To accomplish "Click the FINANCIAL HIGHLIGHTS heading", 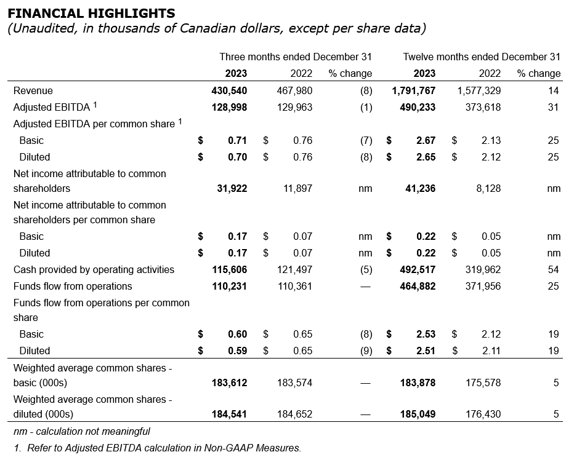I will point(91,13).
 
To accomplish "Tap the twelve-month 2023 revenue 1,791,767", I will point(413,90).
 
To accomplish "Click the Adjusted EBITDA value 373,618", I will point(480,107).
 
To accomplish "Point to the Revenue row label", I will point(33,90).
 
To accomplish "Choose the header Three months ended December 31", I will point(296,57).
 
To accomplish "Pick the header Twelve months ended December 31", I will point(482,57).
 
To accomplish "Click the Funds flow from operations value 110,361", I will point(294,286).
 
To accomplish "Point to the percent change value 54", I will point(553,269).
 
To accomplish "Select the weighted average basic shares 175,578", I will point(480,383).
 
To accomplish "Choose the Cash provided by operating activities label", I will point(94,269).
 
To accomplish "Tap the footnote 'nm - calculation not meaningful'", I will point(82,431).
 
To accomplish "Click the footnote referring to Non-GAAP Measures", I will point(157,448).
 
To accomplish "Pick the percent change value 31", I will point(553,107).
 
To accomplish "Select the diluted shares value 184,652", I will point(294,414).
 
